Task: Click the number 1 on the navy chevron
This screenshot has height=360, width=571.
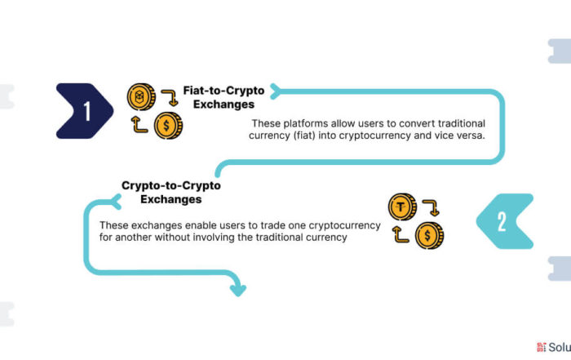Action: [87, 111]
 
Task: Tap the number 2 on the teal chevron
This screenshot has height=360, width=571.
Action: [502, 221]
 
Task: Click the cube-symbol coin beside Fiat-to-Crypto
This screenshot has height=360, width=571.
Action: [141, 96]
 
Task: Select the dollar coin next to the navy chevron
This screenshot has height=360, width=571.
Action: [168, 126]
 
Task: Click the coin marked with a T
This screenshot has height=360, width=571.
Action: [402, 207]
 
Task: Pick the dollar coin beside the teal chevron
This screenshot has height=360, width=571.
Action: [430, 235]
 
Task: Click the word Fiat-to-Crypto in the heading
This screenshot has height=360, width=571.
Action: [224, 91]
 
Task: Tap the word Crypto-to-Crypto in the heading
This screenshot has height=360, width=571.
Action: [171, 185]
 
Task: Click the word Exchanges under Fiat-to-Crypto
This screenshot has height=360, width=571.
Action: [224, 104]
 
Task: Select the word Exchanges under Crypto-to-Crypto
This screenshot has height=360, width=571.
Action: [171, 199]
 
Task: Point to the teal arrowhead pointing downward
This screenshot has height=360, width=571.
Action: [238, 290]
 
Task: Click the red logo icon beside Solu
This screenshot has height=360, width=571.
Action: [541, 347]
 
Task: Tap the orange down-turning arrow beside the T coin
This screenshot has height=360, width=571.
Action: [432, 207]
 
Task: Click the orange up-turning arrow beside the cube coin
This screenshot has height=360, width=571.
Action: [139, 125]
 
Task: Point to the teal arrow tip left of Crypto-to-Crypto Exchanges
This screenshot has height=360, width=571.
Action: [116, 202]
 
